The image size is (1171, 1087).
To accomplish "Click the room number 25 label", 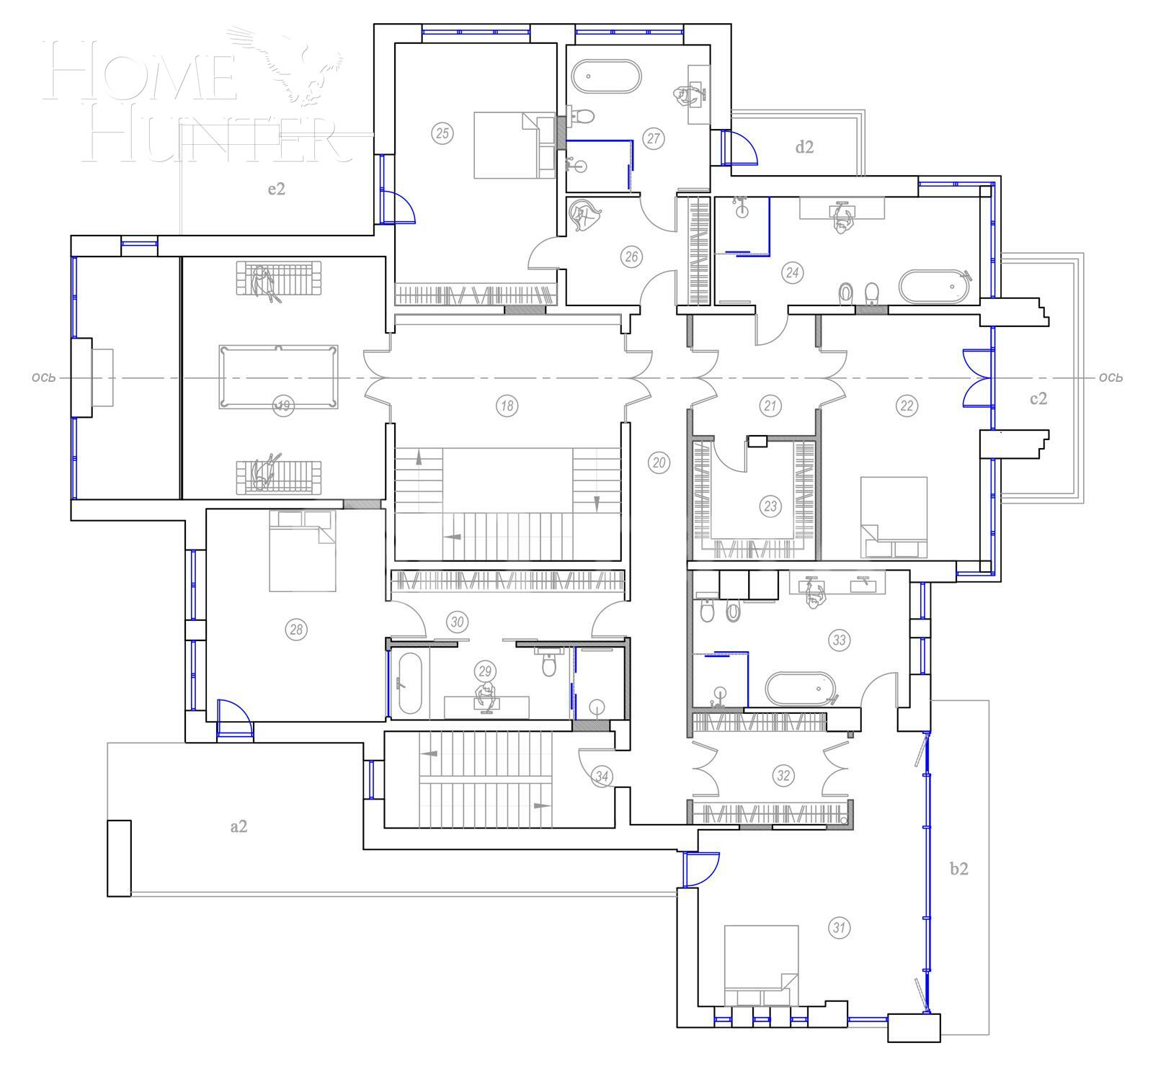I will click(x=442, y=133).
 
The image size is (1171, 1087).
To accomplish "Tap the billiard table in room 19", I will click(x=278, y=376).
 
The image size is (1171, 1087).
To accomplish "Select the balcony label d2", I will click(x=804, y=147).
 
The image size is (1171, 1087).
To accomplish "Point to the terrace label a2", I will click(x=239, y=826).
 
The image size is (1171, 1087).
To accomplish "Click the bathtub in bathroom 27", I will click(x=605, y=76).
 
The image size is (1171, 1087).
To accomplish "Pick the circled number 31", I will click(x=839, y=928).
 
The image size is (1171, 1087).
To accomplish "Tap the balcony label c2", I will click(x=1038, y=398).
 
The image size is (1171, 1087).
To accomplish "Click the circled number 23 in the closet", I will click(x=770, y=506).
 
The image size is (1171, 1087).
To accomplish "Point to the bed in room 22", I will click(x=894, y=516).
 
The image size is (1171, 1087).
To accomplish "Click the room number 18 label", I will click(x=507, y=406).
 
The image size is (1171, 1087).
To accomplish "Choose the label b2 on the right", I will click(x=958, y=869).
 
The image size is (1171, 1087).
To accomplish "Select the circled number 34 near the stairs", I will click(x=602, y=777).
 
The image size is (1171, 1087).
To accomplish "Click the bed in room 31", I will click(x=761, y=966).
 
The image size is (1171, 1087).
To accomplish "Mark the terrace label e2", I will click(x=277, y=189).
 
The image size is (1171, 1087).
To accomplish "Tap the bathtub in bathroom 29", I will click(x=409, y=683).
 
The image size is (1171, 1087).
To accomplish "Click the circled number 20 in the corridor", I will click(x=659, y=462).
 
